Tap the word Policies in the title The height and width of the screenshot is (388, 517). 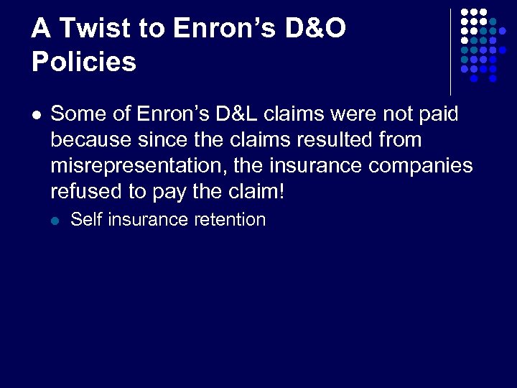pos(84,63)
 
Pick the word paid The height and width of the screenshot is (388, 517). pos(436,114)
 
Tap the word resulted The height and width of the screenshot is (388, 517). pos(330,139)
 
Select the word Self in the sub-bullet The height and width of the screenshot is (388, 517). pos(85,220)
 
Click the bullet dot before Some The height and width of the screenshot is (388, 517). pos(37,114)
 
